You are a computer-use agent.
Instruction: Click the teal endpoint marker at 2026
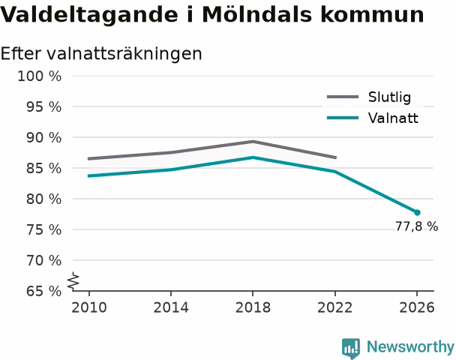point(417,212)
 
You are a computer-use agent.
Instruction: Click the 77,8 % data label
point(416,226)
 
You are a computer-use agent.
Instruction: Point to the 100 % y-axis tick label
point(40,76)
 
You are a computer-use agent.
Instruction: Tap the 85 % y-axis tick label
point(43,168)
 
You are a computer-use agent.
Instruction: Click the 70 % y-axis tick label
point(43,260)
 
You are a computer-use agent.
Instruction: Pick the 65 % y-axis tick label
point(43,291)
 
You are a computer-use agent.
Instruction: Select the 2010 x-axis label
point(89,307)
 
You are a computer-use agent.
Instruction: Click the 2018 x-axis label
point(253,307)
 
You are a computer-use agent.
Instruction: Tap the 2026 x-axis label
point(417,307)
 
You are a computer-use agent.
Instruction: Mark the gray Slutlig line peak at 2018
point(253,142)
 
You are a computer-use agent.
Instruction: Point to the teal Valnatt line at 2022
point(335,172)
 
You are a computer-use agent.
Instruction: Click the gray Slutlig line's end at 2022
point(336,157)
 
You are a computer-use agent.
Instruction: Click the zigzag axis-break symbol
point(73,281)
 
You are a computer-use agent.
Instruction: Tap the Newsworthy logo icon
point(351,348)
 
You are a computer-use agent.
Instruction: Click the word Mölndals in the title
point(256,14)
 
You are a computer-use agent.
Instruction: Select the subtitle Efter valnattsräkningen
point(101,53)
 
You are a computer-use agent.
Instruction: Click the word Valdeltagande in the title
point(88,15)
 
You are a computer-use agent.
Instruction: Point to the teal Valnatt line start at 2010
point(89,176)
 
